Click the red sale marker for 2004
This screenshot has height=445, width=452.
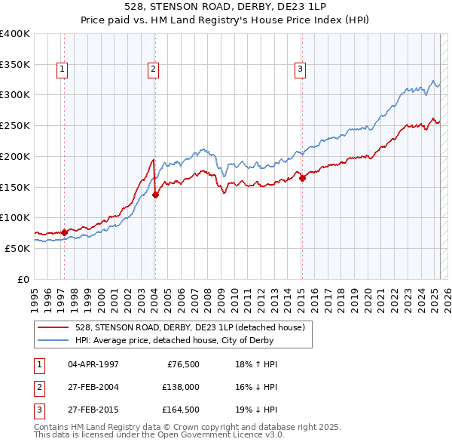(x=156, y=195)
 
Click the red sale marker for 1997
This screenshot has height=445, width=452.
(x=64, y=232)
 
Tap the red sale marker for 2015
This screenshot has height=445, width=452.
(x=302, y=179)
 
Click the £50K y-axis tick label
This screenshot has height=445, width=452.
(x=17, y=248)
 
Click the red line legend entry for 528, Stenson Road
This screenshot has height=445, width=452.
(x=189, y=327)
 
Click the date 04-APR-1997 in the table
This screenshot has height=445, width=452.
(x=93, y=364)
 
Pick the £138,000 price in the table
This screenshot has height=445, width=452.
(x=181, y=388)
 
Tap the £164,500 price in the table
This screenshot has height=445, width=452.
(x=181, y=411)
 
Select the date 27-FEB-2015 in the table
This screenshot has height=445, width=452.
(x=93, y=411)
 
